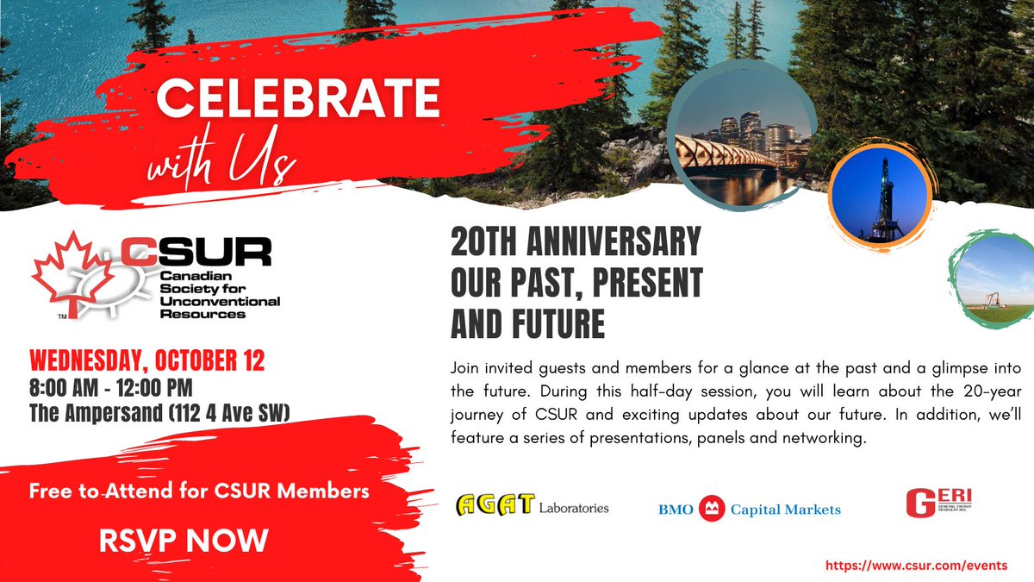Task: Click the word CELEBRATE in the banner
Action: pos(297,101)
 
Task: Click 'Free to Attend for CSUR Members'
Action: pos(200,491)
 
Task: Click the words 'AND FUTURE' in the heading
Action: pos(527,325)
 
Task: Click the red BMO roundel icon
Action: pos(712,509)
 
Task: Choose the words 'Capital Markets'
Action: pos(785,510)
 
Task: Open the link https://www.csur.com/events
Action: pos(916,565)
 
